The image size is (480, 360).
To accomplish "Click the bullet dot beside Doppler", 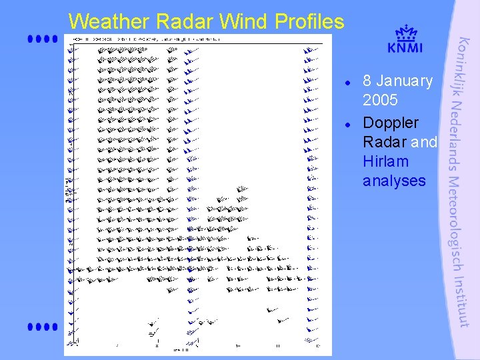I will point(348,125).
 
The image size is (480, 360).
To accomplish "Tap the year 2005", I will point(380,101).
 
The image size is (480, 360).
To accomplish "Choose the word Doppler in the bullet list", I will point(391,123).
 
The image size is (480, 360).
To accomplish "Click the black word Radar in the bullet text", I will point(385,142).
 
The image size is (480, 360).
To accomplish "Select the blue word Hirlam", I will point(385,161).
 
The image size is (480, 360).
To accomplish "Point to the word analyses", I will point(394,181).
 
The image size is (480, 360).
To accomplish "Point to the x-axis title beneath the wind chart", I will point(181,349).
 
